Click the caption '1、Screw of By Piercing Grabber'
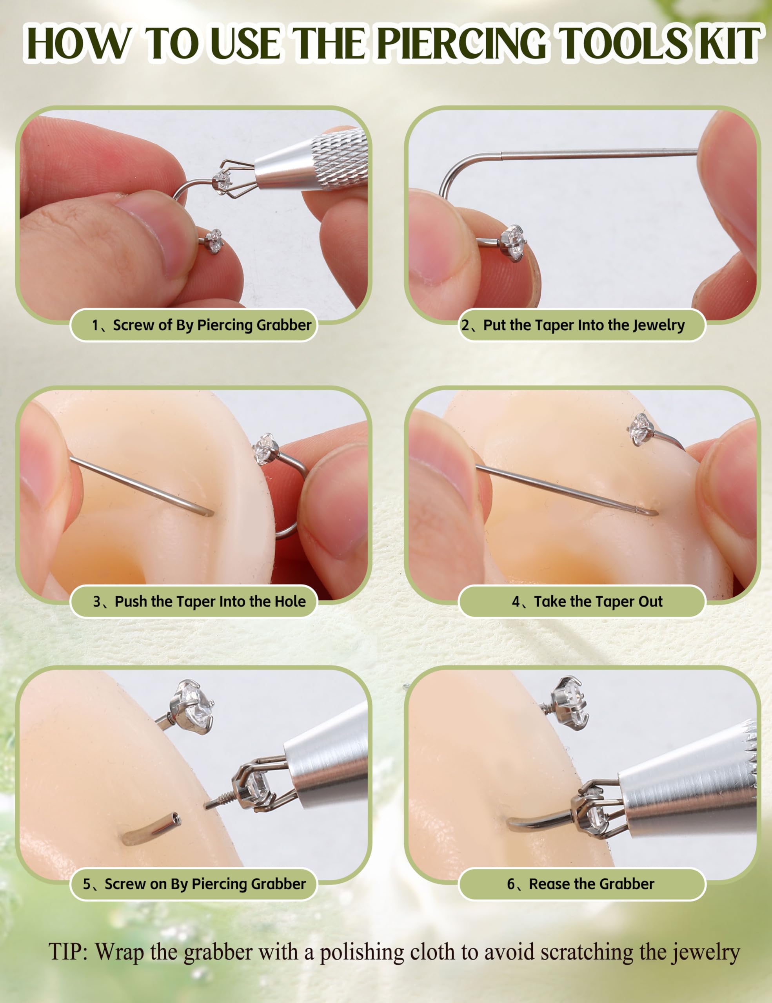click(201, 325)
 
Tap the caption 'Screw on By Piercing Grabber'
click(205, 884)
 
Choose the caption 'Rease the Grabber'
click(591, 884)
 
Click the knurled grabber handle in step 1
click(340, 158)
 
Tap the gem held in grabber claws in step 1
click(222, 181)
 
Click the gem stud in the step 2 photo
click(513, 243)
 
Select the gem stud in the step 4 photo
click(641, 429)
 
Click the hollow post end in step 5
click(174, 818)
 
